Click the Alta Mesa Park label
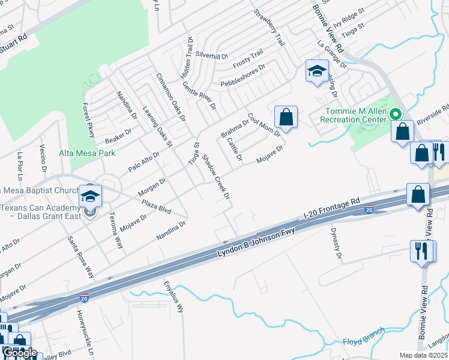click(x=87, y=153)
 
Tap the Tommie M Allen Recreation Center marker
click(x=395, y=113)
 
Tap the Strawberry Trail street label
click(x=269, y=28)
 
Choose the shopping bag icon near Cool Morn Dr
click(x=286, y=116)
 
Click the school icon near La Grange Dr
click(x=316, y=71)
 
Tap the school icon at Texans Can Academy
click(x=91, y=196)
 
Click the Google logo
click(x=20, y=353)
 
